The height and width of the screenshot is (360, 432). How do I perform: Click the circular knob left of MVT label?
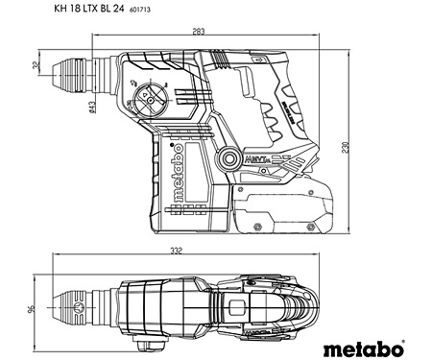tap(230, 161)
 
